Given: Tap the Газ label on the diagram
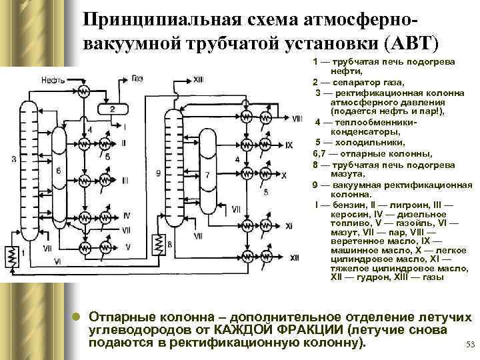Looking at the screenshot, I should point(137,79).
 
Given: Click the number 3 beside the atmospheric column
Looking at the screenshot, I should point(14,159).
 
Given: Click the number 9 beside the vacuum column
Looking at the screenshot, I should point(158,173).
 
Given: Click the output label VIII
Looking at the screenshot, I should point(296,118).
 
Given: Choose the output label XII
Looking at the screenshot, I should point(294,257).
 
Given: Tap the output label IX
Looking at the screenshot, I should point(289,145).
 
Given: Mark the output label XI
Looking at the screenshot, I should point(289,226).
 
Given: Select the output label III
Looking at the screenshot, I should point(126,180).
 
